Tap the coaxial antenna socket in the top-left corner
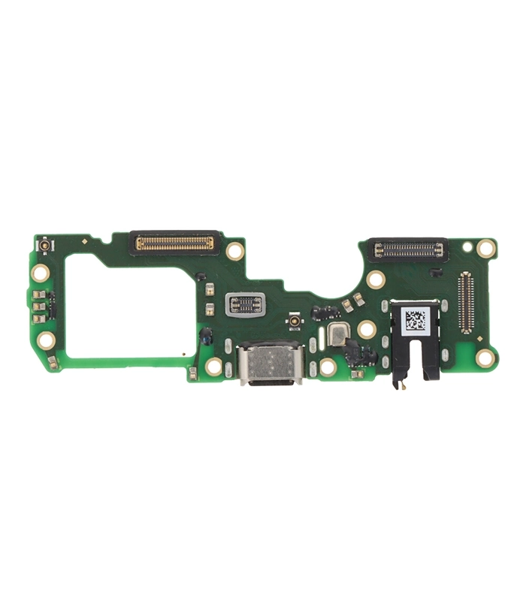(x=44, y=246)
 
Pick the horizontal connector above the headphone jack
(x=405, y=248)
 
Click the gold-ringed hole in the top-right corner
(x=487, y=247)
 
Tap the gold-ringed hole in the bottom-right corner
(x=486, y=358)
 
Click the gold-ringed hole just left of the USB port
(x=214, y=366)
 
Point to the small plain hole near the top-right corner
(x=467, y=246)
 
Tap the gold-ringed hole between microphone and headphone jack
(x=367, y=329)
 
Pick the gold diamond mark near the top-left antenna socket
(x=84, y=241)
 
